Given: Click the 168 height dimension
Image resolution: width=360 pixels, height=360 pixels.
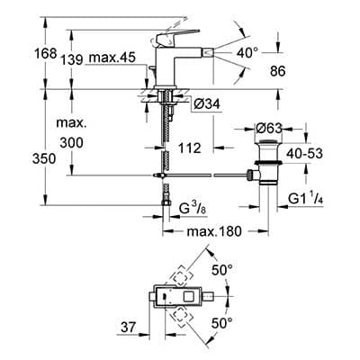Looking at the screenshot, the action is (45, 54).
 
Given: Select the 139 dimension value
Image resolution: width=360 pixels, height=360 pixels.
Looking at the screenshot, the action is (71, 60).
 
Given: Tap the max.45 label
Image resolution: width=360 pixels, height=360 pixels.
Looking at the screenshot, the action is (112, 57).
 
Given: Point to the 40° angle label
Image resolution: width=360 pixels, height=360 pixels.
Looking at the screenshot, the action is (247, 53).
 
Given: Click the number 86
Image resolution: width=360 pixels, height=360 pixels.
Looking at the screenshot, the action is (278, 71).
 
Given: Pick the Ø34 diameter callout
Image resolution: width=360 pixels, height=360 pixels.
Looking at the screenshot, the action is (207, 104).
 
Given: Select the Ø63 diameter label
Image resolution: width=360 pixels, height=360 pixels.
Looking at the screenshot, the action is (269, 129).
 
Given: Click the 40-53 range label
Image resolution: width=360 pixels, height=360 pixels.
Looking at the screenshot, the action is (304, 154).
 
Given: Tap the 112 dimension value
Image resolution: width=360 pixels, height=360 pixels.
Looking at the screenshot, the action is (189, 148).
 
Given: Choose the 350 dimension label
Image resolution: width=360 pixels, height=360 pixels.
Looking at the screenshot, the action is (44, 158).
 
